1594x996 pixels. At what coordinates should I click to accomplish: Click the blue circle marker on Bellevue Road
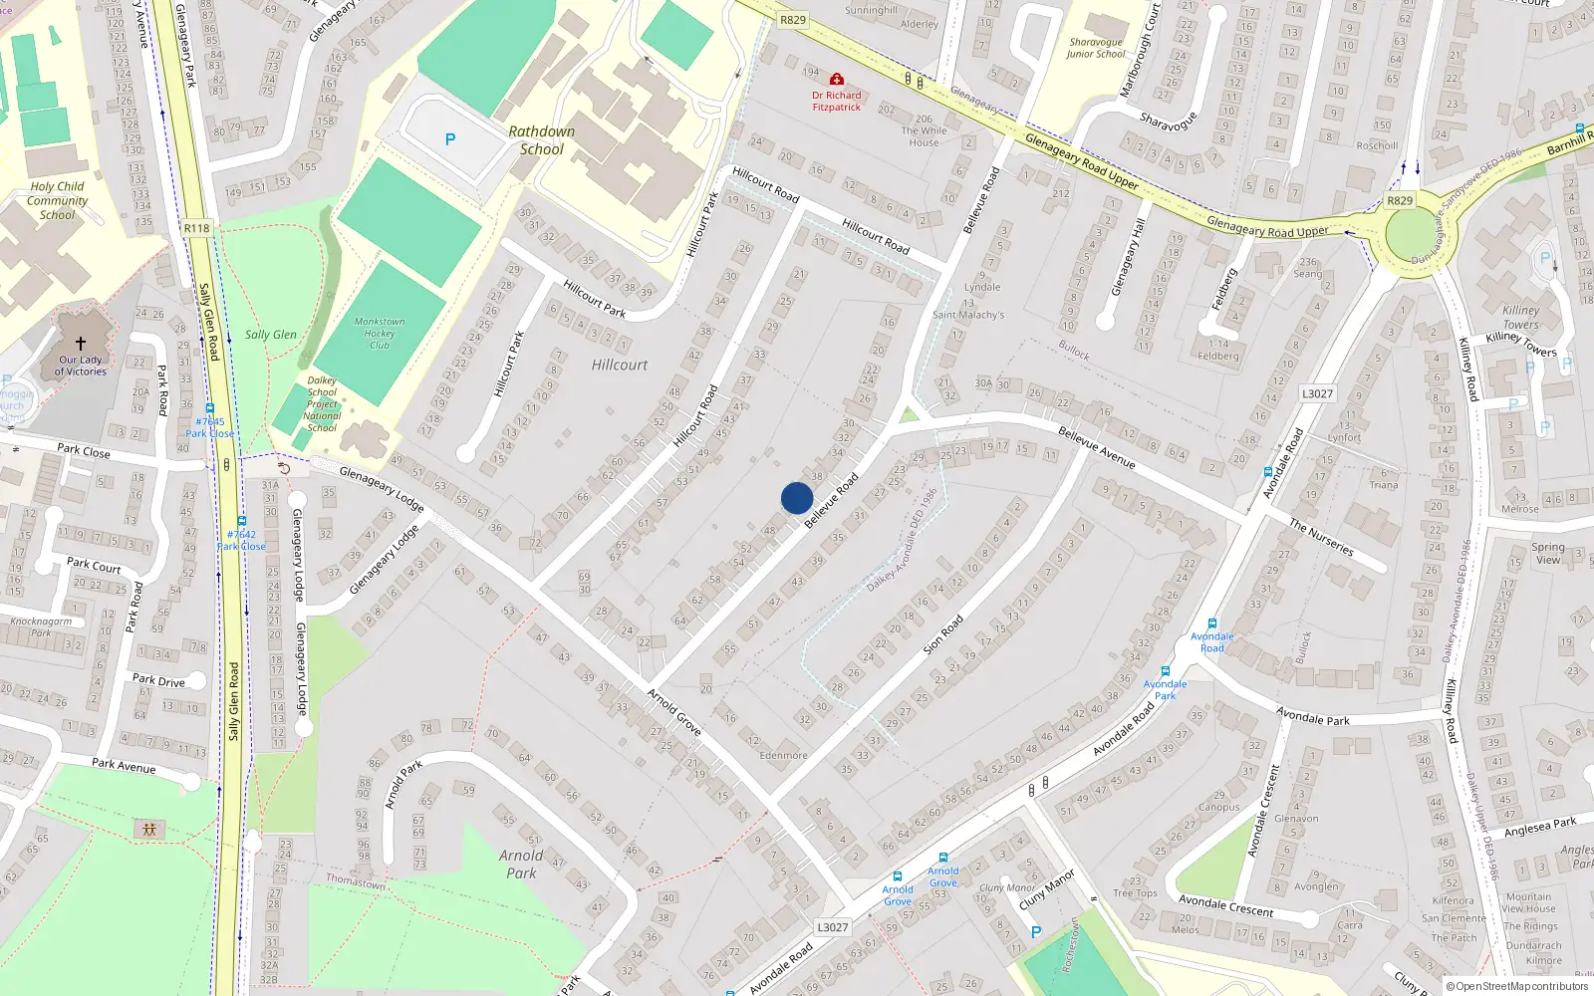[797, 498]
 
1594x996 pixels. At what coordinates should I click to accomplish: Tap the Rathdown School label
[541, 140]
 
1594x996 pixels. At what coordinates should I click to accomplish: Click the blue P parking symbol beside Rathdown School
[450, 139]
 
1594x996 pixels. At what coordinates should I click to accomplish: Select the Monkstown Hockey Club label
[380, 333]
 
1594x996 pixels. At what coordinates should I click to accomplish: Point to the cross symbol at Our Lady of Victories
[81, 344]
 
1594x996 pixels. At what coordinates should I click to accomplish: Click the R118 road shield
[197, 228]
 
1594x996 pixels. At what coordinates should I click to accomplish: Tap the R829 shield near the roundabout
[1400, 200]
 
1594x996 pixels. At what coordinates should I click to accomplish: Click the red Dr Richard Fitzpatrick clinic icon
[836, 79]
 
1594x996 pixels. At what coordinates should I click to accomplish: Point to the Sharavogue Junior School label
[1095, 48]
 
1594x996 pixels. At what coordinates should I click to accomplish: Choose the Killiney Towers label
[1520, 317]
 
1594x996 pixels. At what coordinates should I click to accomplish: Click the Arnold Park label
[521, 864]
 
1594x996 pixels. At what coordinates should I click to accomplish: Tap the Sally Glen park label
[271, 335]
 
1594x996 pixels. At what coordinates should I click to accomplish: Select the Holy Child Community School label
[57, 200]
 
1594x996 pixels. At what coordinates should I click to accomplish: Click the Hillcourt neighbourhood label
[620, 366]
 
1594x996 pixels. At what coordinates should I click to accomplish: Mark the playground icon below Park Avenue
[149, 829]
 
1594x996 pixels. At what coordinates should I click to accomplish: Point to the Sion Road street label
[942, 634]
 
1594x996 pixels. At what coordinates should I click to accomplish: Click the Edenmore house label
[783, 755]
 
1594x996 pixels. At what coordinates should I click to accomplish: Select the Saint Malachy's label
[967, 315]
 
